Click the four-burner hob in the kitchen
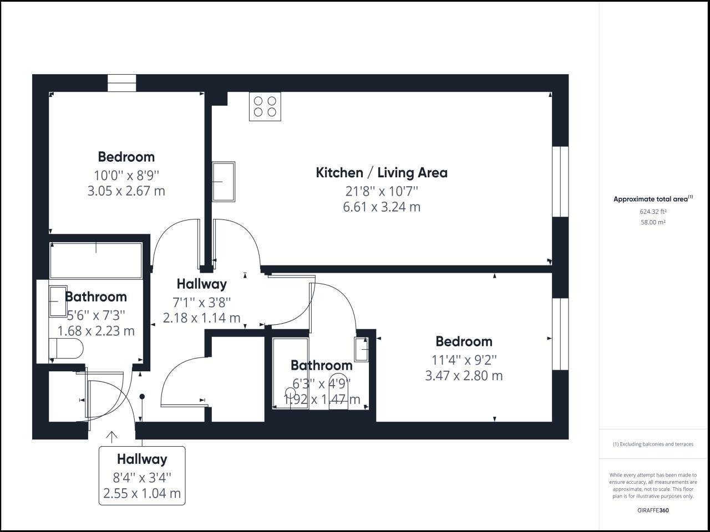(x=265, y=106)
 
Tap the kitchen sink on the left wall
(x=224, y=182)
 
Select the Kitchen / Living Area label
(x=382, y=173)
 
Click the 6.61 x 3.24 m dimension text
(x=382, y=207)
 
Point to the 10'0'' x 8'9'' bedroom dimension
(x=126, y=176)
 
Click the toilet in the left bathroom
(x=66, y=348)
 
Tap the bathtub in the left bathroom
(x=96, y=260)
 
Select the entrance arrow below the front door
(x=111, y=437)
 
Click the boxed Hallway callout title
(x=142, y=459)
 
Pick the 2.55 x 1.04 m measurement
(x=142, y=493)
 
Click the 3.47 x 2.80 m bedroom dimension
(x=464, y=376)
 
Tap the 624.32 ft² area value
(x=653, y=212)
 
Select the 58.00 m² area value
(x=653, y=222)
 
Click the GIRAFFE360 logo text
(x=653, y=510)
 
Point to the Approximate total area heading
(x=653, y=198)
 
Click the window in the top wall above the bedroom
(x=122, y=83)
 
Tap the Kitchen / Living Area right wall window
(x=560, y=182)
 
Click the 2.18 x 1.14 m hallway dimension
(x=201, y=318)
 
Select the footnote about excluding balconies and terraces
(x=653, y=444)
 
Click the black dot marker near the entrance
(x=142, y=396)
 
